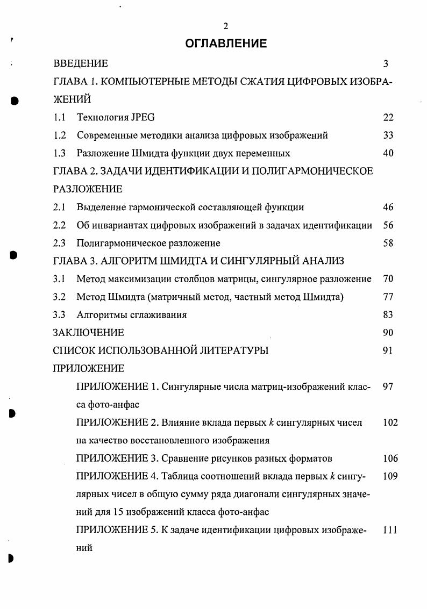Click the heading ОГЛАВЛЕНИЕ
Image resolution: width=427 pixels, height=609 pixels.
point(226,44)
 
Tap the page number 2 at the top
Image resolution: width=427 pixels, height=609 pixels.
point(226,26)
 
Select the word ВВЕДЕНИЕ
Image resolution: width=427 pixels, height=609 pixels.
point(81,63)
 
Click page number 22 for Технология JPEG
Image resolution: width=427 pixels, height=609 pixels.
point(388,117)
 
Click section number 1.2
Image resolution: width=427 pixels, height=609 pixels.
point(60,135)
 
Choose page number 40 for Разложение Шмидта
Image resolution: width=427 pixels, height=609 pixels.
point(388,153)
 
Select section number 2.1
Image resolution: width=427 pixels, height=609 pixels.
point(60,207)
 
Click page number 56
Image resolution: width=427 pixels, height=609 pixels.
point(388,225)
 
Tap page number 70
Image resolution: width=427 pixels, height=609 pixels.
point(388,279)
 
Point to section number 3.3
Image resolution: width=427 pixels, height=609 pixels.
point(60,315)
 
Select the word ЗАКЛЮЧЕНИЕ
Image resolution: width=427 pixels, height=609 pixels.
point(89,333)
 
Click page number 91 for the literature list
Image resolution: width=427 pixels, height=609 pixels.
point(388,350)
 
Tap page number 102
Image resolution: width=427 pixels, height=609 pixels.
point(390,422)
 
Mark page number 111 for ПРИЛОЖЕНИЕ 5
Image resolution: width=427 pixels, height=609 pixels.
point(390,531)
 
